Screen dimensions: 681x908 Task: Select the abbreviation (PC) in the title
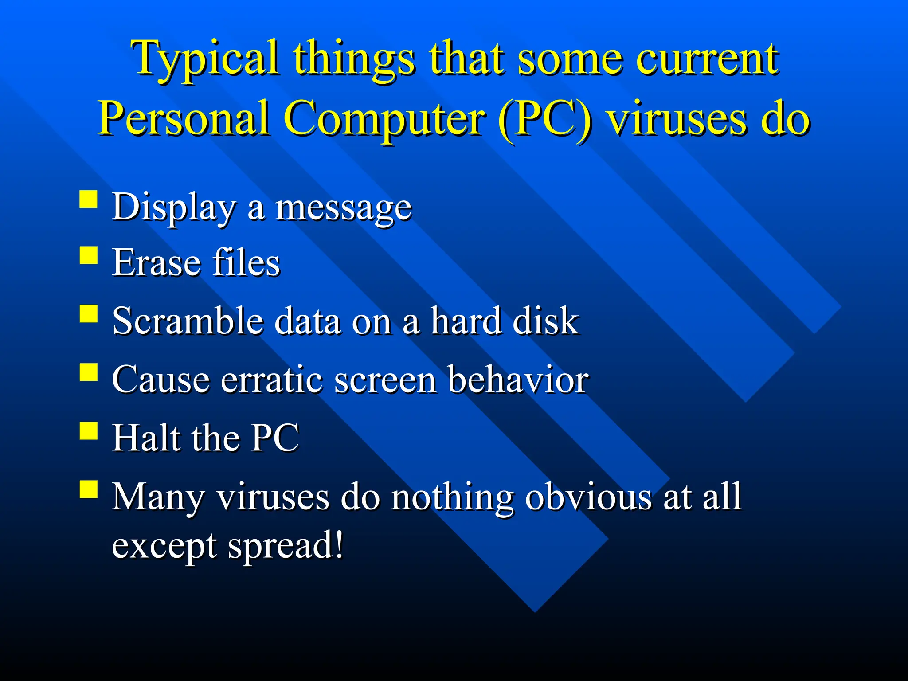click(x=544, y=119)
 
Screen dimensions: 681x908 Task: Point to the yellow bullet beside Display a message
click(x=89, y=200)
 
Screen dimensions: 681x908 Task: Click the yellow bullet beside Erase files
click(x=89, y=256)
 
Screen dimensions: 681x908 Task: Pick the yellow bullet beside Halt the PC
click(x=89, y=431)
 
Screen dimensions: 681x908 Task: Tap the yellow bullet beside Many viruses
click(x=89, y=490)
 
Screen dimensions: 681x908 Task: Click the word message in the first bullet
click(x=344, y=208)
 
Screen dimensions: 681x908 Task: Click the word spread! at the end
click(x=286, y=546)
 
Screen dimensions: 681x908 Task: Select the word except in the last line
click(x=164, y=546)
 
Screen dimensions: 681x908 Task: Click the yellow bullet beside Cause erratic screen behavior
click(x=89, y=372)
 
